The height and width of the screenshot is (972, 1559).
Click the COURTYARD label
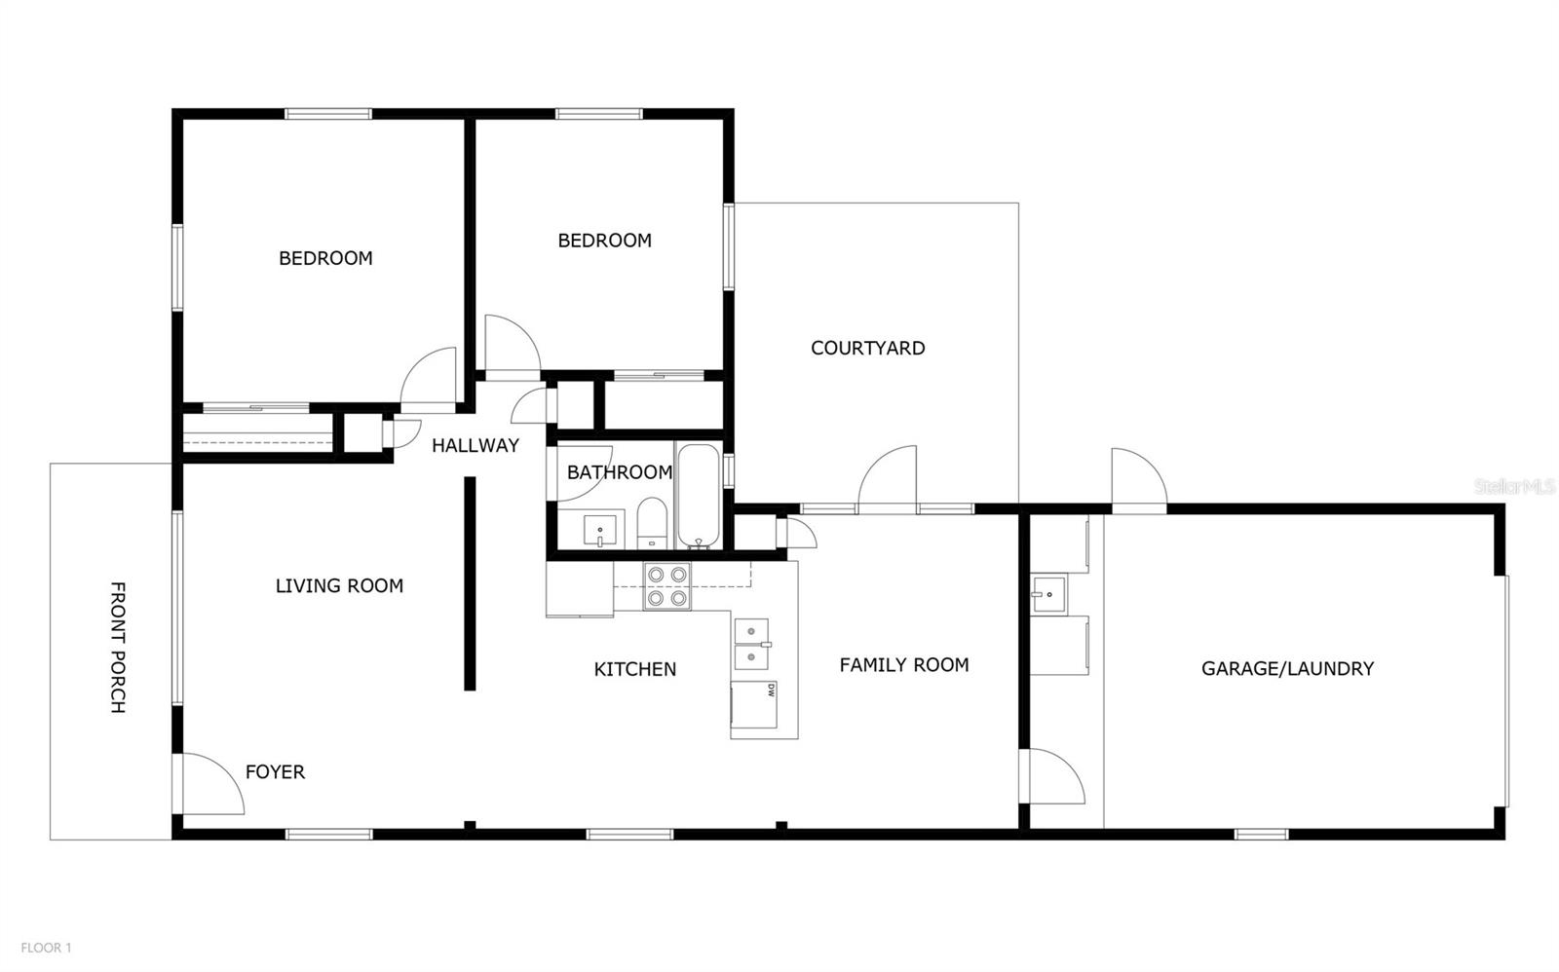(867, 348)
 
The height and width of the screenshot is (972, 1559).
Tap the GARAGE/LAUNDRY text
(1286, 668)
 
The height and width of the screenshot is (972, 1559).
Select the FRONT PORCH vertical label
(117, 648)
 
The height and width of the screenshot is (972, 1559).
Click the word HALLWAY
(475, 446)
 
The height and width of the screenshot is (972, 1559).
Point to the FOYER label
(275, 772)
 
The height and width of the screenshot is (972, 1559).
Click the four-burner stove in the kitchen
(666, 587)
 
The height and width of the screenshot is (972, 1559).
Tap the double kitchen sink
(751, 645)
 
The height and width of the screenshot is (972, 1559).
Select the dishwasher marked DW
(754, 704)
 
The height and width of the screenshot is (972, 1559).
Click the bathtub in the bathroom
(698, 497)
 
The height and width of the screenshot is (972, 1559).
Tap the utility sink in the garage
(1049, 591)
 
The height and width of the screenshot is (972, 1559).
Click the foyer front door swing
(209, 784)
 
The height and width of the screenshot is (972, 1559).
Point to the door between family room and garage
(1054, 776)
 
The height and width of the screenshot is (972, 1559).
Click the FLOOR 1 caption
(46, 947)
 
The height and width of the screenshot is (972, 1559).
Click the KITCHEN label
(634, 669)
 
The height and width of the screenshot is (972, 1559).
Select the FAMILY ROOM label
(903, 665)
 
